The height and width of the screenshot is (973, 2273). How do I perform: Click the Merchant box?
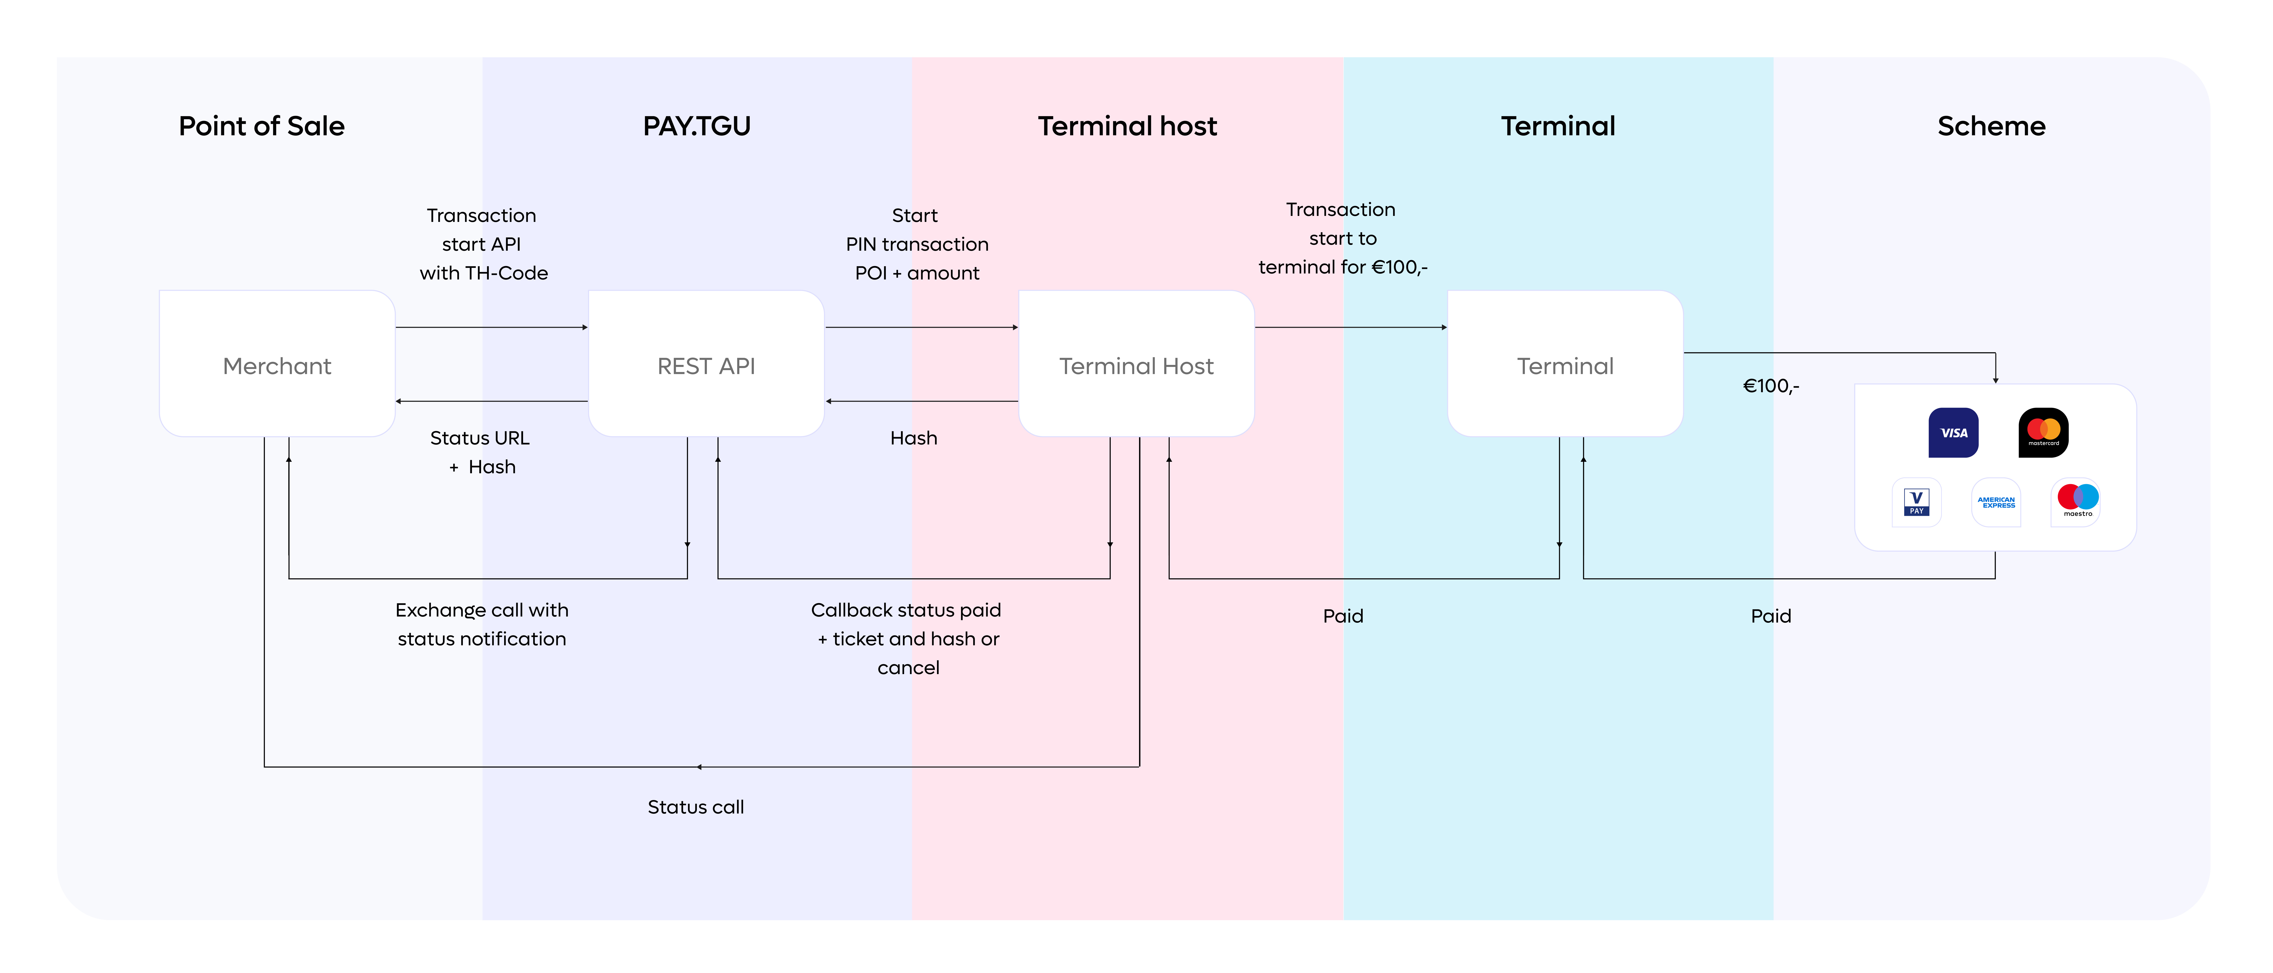pyautogui.click(x=277, y=363)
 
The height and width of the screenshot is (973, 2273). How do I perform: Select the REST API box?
pyautogui.click(x=706, y=363)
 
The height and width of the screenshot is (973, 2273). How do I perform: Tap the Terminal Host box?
pyautogui.click(x=1136, y=363)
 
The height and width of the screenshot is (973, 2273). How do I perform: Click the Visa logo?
pyautogui.click(x=1954, y=432)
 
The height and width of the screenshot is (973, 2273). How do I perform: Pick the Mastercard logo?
pyautogui.click(x=2044, y=432)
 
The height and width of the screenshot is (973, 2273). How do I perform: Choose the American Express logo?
pyautogui.click(x=1996, y=502)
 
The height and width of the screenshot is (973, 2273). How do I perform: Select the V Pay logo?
pyautogui.click(x=1916, y=502)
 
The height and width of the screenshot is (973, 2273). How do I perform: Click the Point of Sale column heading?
pyautogui.click(x=261, y=126)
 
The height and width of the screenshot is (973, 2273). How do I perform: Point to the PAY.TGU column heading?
pyautogui.click(x=696, y=126)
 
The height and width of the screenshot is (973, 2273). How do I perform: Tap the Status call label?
pyautogui.click(x=695, y=807)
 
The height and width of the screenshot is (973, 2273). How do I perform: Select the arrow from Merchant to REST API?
pyautogui.click(x=491, y=327)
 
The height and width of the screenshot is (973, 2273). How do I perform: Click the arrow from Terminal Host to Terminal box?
pyautogui.click(x=1351, y=327)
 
